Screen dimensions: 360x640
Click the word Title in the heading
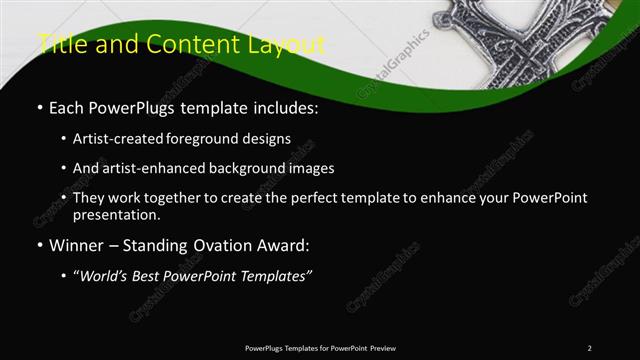click(x=61, y=44)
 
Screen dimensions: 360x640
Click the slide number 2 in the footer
click(x=589, y=348)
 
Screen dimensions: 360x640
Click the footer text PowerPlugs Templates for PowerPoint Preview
click(x=320, y=348)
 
